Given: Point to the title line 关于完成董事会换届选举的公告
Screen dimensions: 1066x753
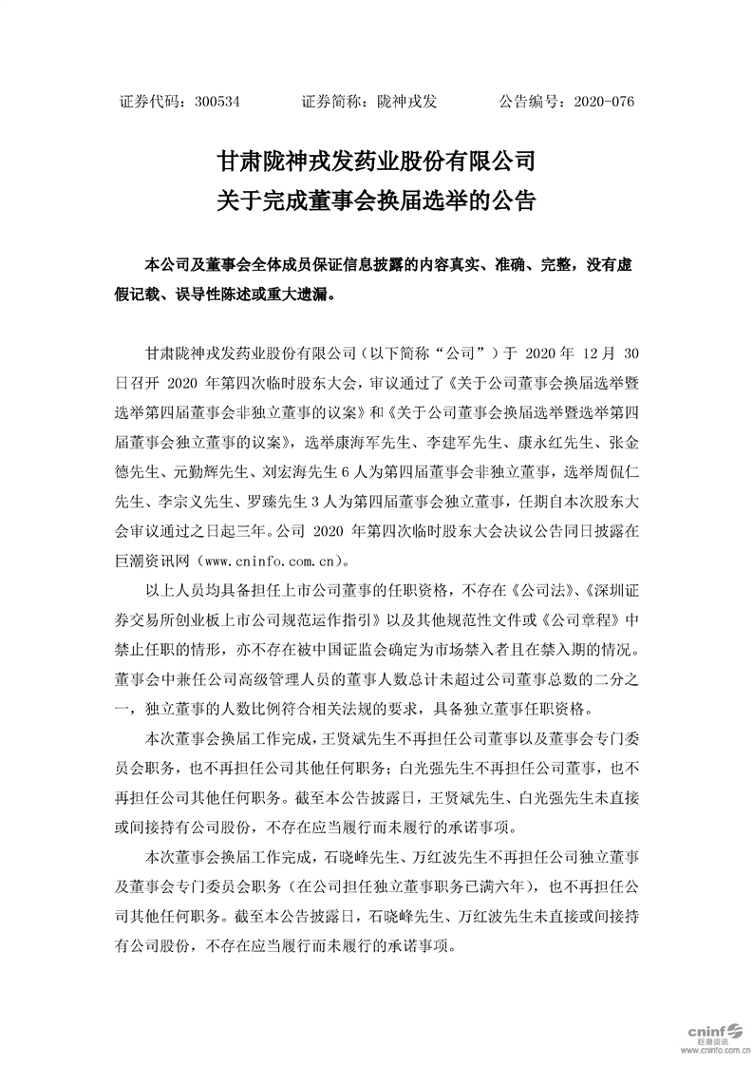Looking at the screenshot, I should [x=376, y=200].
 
